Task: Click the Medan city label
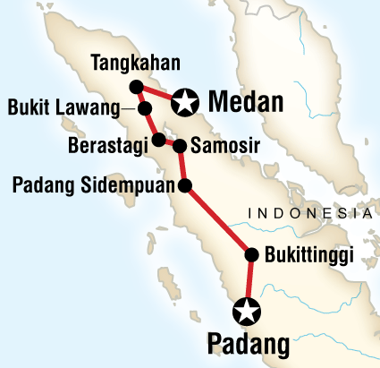coord(246,102)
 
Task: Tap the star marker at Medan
coord(185,102)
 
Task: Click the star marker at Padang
coord(246,312)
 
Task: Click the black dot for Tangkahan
coord(137,87)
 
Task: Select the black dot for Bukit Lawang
coord(145,109)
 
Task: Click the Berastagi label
coord(110,144)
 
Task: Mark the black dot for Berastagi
coord(158,140)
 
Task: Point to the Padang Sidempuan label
coord(93,186)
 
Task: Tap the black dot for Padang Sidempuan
coord(185,186)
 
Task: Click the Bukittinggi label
coord(309,254)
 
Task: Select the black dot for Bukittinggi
coord(251,254)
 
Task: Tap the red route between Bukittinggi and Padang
coord(249,282)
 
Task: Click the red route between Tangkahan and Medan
coord(161,95)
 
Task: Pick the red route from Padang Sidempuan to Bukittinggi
coord(218,220)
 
